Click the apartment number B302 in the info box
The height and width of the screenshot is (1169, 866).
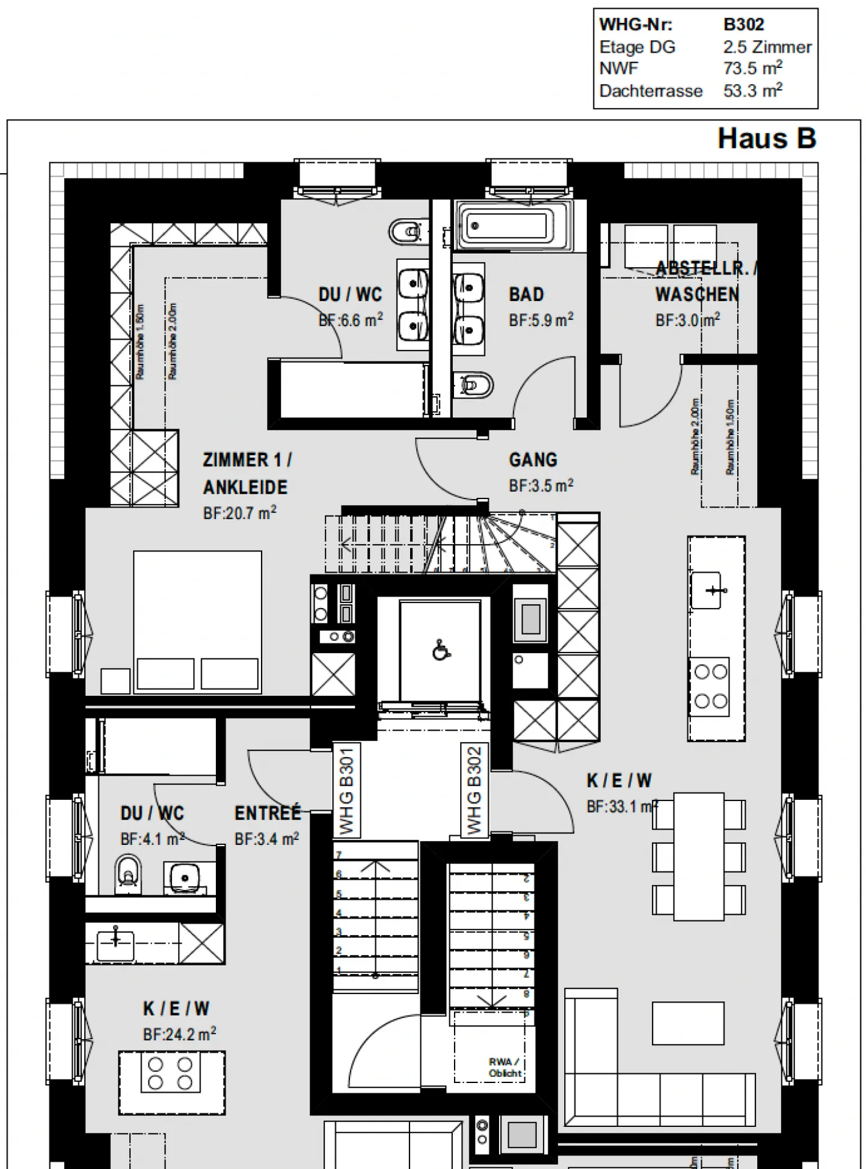point(743,25)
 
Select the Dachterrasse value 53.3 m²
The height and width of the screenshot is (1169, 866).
point(752,91)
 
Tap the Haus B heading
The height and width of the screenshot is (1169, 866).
point(766,138)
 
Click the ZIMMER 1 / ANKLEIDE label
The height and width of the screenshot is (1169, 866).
point(246,473)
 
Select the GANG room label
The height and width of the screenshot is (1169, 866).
point(533,460)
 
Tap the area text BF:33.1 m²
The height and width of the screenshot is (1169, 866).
point(621,806)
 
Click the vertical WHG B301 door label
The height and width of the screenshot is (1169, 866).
point(346,790)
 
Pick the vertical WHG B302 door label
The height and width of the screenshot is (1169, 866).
point(474,790)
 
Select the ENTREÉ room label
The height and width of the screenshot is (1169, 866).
point(267,814)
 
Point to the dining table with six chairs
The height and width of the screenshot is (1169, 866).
point(698,856)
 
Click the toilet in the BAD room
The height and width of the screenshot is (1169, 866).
point(474,385)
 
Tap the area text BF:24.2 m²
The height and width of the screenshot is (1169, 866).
point(179,1034)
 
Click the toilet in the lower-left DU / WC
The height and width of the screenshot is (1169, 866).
point(129,873)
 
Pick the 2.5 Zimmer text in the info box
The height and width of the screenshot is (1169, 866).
point(767,47)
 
